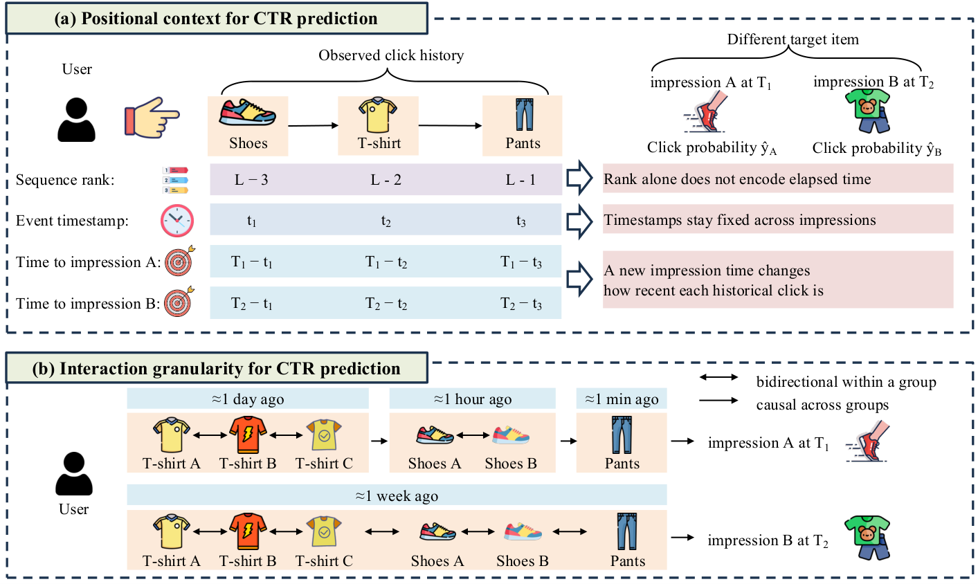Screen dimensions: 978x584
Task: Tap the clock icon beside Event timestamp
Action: [x=176, y=221]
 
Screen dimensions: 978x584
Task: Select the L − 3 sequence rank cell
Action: [x=251, y=179]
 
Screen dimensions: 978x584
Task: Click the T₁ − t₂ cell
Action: [x=386, y=262]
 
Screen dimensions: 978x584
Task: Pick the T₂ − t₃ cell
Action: [x=521, y=303]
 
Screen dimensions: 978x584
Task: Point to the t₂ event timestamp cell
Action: [x=386, y=221]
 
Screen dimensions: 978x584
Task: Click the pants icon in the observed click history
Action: [x=524, y=114]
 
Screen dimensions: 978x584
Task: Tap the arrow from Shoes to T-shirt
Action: [x=313, y=126]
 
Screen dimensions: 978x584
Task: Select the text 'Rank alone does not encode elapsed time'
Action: [x=737, y=179]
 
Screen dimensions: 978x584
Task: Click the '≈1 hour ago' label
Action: [x=473, y=399]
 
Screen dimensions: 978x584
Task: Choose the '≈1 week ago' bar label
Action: [x=397, y=496]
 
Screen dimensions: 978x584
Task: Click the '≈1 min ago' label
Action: [x=622, y=399]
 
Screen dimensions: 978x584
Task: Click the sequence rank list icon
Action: [x=175, y=180]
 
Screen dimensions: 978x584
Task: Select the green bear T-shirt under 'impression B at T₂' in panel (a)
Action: [x=867, y=111]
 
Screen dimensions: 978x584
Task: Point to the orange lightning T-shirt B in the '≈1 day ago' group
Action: [x=248, y=435]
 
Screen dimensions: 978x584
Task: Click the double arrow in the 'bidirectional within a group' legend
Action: [x=718, y=378]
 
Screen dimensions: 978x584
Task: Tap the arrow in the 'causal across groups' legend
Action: [x=718, y=400]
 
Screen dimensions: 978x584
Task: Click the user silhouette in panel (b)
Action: [x=74, y=473]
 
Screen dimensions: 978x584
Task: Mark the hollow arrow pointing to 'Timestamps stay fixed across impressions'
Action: [x=579, y=221]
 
